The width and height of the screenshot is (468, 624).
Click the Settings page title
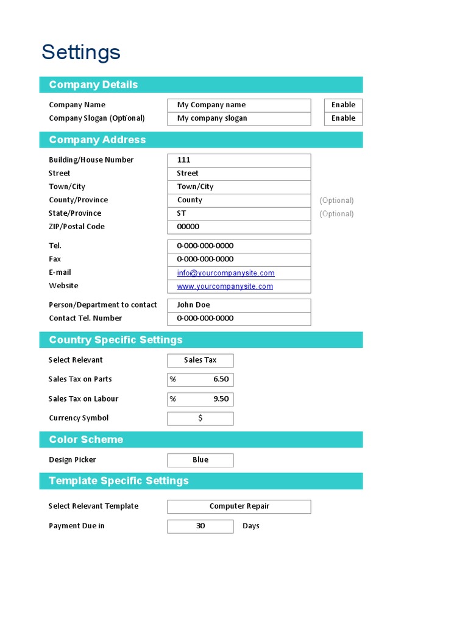(x=81, y=52)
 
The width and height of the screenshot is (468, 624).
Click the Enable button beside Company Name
(x=343, y=105)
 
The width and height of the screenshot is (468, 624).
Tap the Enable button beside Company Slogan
(x=343, y=118)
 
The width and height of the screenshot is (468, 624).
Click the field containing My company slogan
(x=239, y=118)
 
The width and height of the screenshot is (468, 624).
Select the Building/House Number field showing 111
(x=239, y=160)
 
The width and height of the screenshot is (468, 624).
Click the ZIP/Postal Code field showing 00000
(x=239, y=227)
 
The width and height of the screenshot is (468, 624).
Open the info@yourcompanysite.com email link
(x=225, y=273)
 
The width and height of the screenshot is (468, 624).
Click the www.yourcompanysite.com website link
(x=225, y=286)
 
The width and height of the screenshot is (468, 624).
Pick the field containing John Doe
(x=239, y=305)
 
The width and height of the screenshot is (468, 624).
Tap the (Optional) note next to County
(x=336, y=200)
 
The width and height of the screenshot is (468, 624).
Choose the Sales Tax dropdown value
(x=200, y=360)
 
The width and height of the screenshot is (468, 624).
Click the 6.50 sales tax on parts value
(x=221, y=379)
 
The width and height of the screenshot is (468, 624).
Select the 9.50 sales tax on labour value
(x=221, y=399)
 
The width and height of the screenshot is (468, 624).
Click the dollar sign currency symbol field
(x=200, y=419)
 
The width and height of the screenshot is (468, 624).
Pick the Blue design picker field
(x=200, y=460)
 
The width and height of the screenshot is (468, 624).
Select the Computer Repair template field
(x=239, y=506)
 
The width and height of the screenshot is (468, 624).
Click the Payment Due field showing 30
(x=200, y=526)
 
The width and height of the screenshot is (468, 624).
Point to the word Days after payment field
(x=250, y=526)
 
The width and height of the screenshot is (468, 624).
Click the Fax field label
(x=55, y=259)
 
